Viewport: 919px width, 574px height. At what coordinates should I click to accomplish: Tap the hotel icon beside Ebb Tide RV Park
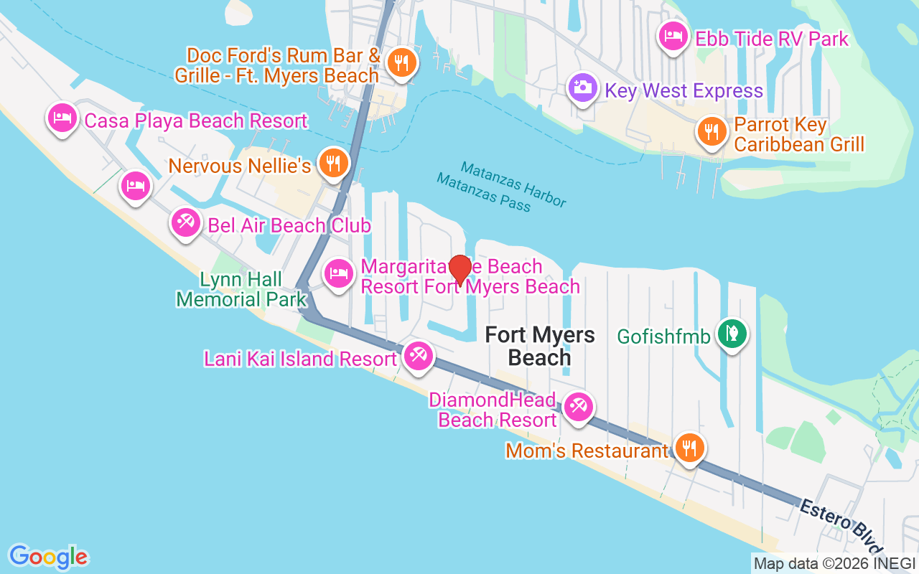point(672,37)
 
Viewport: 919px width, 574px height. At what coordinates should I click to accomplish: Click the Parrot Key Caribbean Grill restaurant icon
point(711,132)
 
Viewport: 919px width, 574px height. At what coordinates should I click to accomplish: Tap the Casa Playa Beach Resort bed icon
point(62,117)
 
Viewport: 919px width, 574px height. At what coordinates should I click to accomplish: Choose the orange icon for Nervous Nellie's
point(332,163)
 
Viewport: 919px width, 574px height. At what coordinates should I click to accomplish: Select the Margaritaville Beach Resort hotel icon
point(338,273)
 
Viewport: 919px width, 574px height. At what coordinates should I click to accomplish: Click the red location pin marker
point(459,270)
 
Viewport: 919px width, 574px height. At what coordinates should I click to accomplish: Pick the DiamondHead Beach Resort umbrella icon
point(578,407)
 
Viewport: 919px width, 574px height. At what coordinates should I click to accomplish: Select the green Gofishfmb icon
point(732,333)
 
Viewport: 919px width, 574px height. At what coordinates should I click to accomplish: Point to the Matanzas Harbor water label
point(513,184)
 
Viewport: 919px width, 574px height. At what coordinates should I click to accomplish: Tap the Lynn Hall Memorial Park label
point(241,289)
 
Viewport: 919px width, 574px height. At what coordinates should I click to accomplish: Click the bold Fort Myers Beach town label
point(540,346)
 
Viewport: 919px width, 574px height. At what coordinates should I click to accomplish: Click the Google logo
point(49,556)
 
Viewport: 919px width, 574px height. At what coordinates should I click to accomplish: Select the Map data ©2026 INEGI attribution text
point(833,564)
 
